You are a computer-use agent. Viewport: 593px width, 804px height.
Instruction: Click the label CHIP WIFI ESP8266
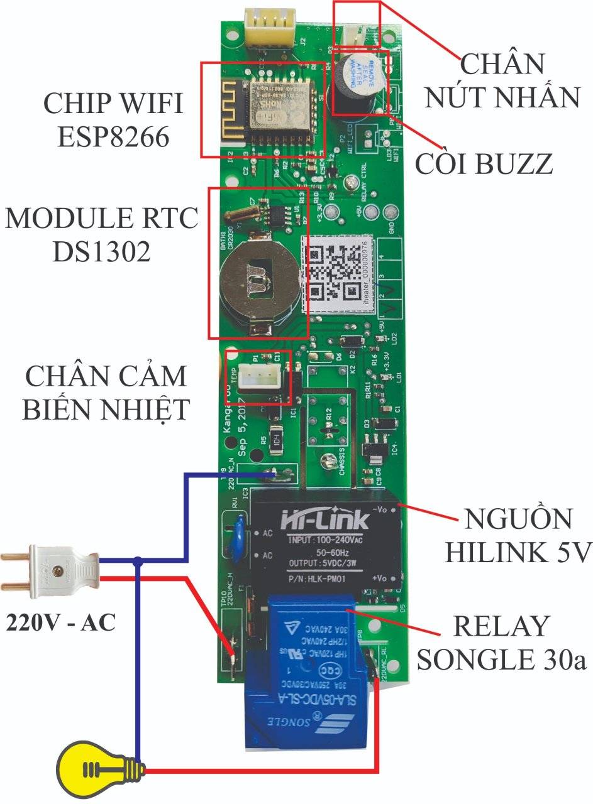113,119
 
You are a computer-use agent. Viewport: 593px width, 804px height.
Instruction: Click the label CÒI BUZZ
484,164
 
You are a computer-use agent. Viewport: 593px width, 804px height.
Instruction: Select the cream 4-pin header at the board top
270,26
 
